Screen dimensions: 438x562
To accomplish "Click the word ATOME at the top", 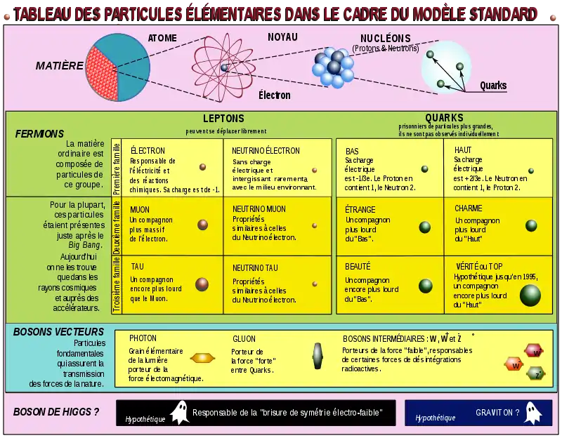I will pos(162,38).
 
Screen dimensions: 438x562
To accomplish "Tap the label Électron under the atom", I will pos(274,95).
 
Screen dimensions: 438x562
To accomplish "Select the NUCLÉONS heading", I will pos(385,38).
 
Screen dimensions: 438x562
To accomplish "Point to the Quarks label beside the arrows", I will pos(493,86).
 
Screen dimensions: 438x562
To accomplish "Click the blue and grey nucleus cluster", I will pos(333,67).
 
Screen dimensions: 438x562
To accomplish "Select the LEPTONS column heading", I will pos(223,119).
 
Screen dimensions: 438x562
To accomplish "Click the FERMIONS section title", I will pos(39,133).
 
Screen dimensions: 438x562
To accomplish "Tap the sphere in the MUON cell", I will pos(202,225).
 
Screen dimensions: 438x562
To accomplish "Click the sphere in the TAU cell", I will pos(202,284).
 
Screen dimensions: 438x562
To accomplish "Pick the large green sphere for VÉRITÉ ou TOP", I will pos(530,296).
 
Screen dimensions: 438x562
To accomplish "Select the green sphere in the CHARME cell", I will pos(531,226).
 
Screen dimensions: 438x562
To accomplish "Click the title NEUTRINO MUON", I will pos(259,209).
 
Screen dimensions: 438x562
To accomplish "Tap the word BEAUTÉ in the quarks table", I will pos(358,267).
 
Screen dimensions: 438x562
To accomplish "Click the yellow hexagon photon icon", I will pos(202,357).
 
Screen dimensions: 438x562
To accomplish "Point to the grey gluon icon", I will pos(318,356).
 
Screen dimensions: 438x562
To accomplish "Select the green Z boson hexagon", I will pos(536,373).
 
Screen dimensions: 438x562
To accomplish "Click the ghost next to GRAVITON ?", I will pos(531,413).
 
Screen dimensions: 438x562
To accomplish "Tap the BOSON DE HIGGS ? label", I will pos(55,412).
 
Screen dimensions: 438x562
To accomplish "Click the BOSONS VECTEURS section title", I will pos(59,332).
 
